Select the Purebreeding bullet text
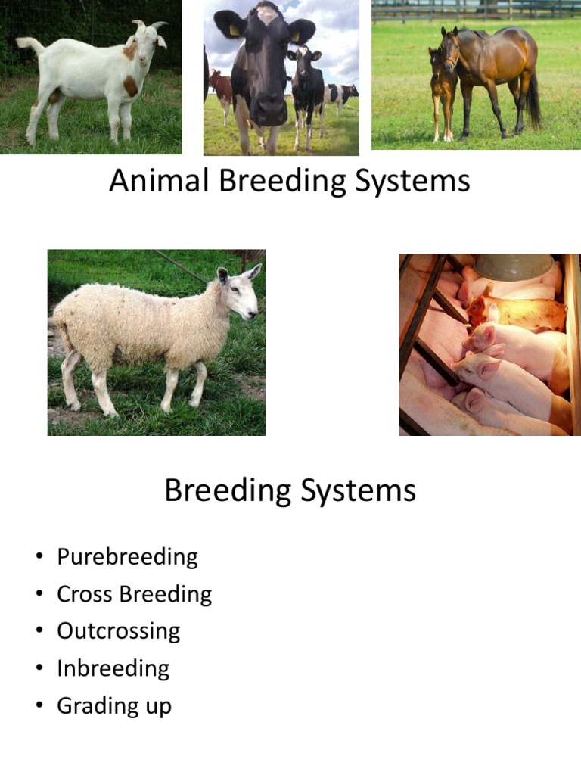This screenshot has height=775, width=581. [127, 557]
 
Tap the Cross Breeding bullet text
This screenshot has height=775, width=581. [134, 594]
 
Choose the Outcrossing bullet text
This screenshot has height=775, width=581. [118, 631]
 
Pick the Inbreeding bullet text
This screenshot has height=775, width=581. [113, 668]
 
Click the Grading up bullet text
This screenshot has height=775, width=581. [113, 705]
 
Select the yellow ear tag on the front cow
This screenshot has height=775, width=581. [234, 30]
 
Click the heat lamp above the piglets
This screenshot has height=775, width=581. [514, 267]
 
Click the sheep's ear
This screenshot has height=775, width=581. [223, 275]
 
